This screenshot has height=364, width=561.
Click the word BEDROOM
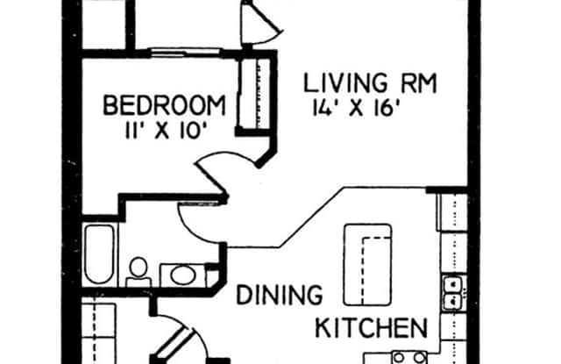[x=164, y=105]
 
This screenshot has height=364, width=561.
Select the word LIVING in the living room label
[x=345, y=82]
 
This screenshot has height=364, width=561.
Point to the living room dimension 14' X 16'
[x=354, y=108]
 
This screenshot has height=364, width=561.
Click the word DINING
[x=280, y=295]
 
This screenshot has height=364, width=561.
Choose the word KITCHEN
[x=371, y=327]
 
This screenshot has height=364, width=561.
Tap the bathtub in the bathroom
[x=99, y=254]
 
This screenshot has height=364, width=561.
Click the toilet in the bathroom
[x=138, y=272]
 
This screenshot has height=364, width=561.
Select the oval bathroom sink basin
[x=183, y=275]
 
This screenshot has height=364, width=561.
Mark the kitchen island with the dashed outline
[x=368, y=265]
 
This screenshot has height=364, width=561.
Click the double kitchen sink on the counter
[x=453, y=293]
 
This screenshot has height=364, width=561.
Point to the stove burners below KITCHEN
[x=409, y=357]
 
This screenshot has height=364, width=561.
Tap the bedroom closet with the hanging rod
[x=254, y=93]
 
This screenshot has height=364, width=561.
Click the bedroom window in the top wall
[x=185, y=53]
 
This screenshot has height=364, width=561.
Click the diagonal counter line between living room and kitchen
[x=311, y=218]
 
